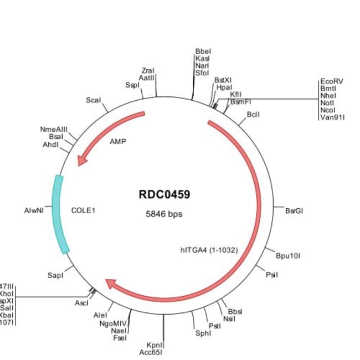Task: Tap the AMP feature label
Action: click(118, 141)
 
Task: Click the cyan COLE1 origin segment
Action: click(61, 214)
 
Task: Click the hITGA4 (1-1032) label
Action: click(209, 250)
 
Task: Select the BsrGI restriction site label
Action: click(294, 210)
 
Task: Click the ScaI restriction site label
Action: click(94, 100)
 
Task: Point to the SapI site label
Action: click(56, 275)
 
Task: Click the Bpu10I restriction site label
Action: click(288, 255)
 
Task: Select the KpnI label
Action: click(154, 344)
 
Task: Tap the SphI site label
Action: click(203, 333)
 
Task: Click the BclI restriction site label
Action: click(253, 115)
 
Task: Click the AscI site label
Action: click(81, 303)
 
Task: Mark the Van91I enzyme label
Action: click(332, 117)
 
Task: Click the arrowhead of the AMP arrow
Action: click(81, 160)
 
